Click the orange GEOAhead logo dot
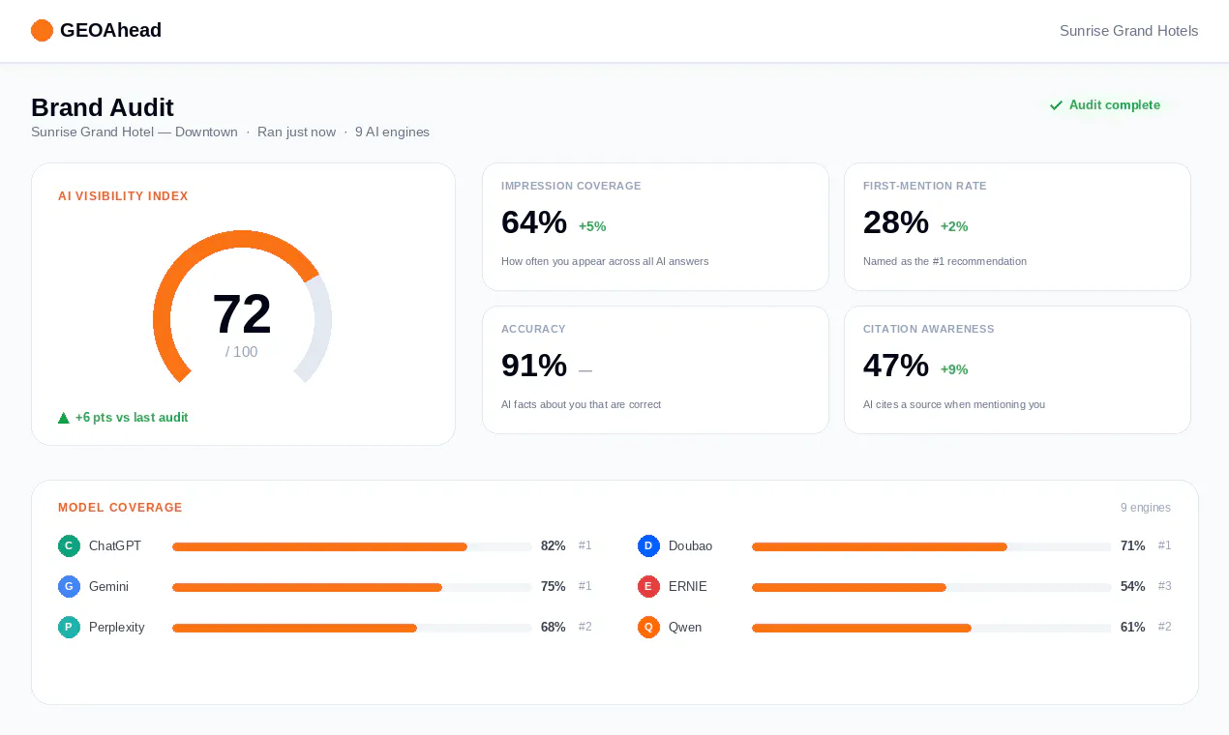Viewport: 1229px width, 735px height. (x=42, y=30)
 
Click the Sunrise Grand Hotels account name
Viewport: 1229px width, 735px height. (x=1128, y=31)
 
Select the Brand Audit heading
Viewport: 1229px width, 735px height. (x=102, y=107)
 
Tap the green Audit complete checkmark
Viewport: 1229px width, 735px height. (x=1056, y=105)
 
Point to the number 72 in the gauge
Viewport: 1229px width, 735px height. (x=241, y=313)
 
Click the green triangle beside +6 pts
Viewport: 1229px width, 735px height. (x=64, y=418)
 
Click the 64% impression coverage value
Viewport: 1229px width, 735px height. (x=534, y=222)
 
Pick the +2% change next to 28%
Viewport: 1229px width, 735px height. (x=954, y=226)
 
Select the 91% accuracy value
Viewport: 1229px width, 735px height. (x=534, y=366)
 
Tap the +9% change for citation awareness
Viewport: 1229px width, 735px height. (x=954, y=369)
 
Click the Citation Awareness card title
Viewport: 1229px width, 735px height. (x=928, y=329)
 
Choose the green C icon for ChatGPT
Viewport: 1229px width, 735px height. (x=69, y=545)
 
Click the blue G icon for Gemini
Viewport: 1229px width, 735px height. (x=69, y=586)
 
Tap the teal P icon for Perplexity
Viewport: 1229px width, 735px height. (x=69, y=627)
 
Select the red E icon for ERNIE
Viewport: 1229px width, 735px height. (x=648, y=586)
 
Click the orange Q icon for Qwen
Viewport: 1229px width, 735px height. (x=648, y=627)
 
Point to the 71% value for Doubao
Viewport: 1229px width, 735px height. (x=1132, y=545)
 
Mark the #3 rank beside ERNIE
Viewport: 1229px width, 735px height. (x=1164, y=586)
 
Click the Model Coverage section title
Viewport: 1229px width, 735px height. (x=120, y=508)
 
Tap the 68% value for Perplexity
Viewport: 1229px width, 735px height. (x=554, y=627)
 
